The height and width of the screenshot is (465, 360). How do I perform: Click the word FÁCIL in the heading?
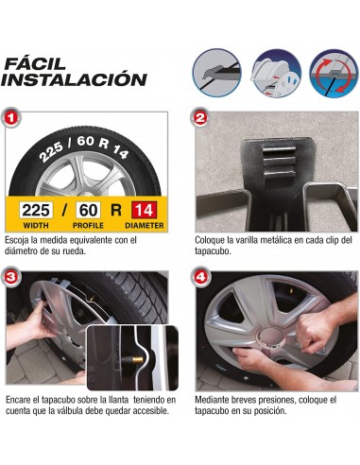35,63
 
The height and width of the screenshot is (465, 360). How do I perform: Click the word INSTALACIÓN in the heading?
74,79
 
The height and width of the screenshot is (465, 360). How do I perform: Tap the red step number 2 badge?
200,120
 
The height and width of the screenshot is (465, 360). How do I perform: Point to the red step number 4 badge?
200,279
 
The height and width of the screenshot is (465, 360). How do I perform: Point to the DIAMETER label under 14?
144,227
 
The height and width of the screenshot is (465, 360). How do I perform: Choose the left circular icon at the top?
215,71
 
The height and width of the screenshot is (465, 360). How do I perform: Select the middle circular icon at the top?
273,71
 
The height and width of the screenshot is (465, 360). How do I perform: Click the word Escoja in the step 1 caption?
17,241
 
